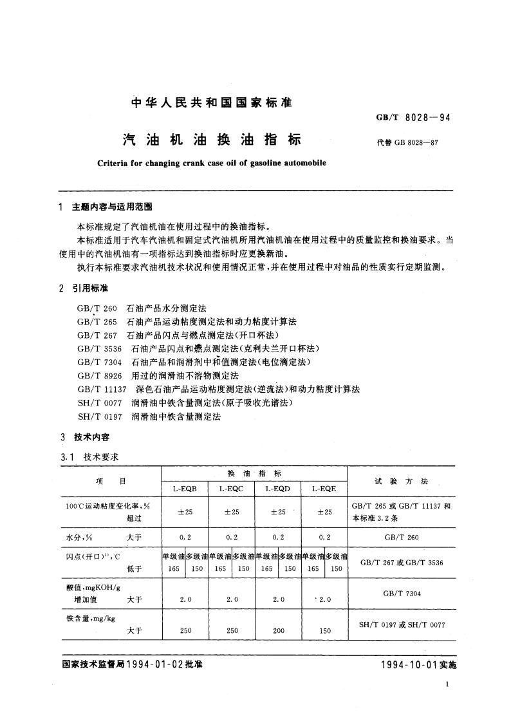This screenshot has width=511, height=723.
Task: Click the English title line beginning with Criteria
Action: [x=203, y=164]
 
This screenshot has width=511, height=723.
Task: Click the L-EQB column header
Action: [x=184, y=489]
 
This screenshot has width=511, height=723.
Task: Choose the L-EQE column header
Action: [x=324, y=489]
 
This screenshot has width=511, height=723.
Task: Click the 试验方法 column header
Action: [x=401, y=481]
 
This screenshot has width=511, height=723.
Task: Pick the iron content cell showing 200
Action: [x=278, y=631]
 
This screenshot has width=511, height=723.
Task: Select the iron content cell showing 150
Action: [x=324, y=631]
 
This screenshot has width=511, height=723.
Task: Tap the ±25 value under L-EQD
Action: [x=278, y=512]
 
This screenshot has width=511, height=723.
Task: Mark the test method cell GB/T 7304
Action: [x=401, y=594]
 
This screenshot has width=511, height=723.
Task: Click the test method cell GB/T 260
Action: [x=401, y=536]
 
